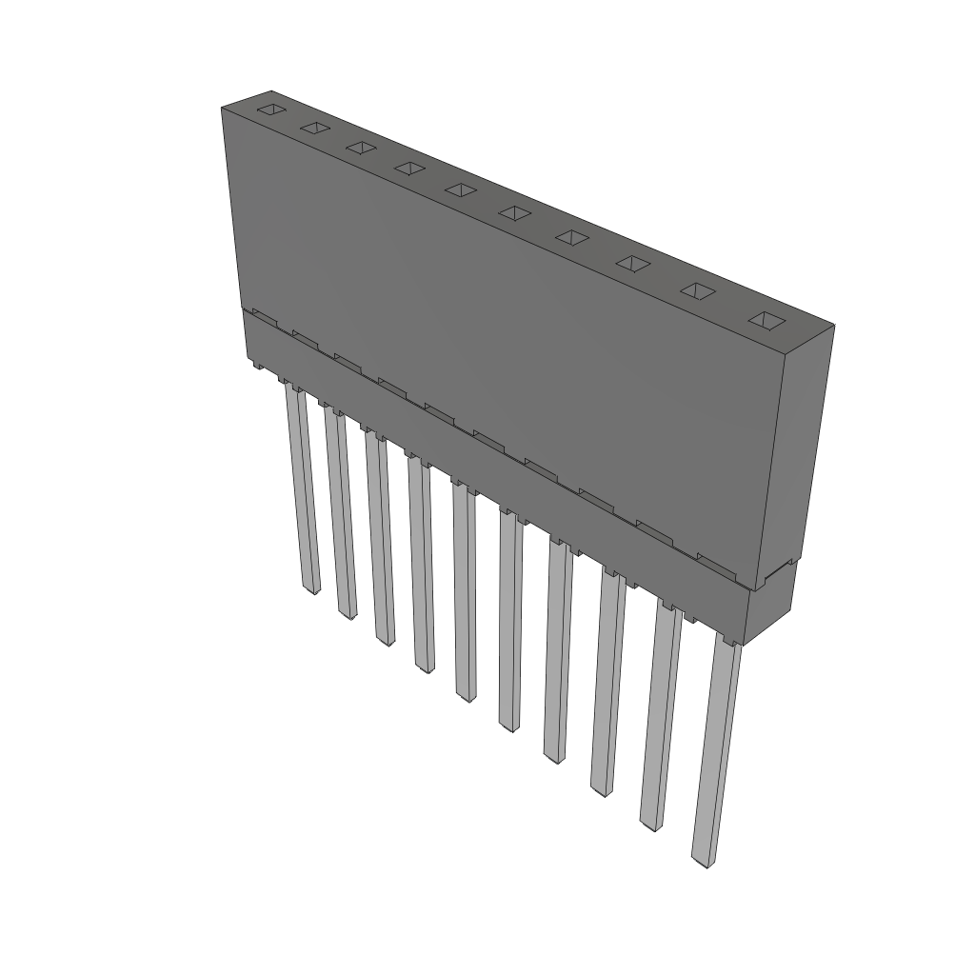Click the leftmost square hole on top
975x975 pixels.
click(x=271, y=109)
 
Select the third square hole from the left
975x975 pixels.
click(x=360, y=148)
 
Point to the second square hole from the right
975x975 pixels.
click(x=698, y=292)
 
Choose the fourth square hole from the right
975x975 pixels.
click(x=570, y=237)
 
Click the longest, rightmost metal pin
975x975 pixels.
click(x=715, y=752)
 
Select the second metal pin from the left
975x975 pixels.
click(x=340, y=514)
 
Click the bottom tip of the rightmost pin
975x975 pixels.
click(x=702, y=863)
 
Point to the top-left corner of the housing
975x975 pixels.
click(x=222, y=109)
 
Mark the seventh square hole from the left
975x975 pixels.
click(x=570, y=237)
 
